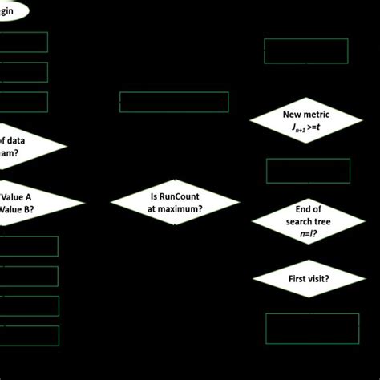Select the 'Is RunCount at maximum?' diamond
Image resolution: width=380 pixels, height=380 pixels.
(x=175, y=202)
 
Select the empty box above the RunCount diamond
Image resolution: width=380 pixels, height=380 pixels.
(x=174, y=102)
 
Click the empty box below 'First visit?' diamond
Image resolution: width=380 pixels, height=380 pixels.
(x=312, y=329)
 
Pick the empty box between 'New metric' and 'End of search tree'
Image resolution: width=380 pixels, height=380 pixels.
(x=308, y=171)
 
